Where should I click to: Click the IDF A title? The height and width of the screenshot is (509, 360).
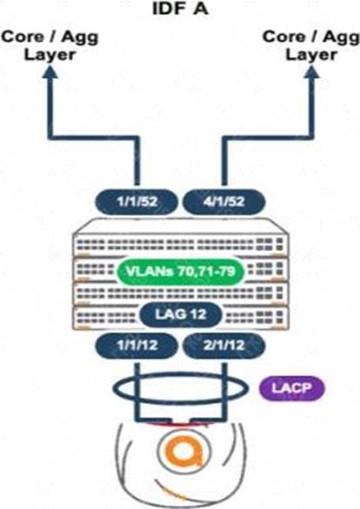pyautogui.click(x=180, y=9)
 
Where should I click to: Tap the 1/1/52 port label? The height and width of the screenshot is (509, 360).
pyautogui.click(x=137, y=202)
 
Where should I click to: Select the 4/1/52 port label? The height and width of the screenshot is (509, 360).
pyautogui.click(x=224, y=202)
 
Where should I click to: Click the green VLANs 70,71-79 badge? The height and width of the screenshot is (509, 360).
pyautogui.click(x=180, y=271)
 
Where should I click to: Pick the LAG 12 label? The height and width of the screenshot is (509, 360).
pyautogui.click(x=181, y=314)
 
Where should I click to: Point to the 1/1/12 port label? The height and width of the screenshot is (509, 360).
pyautogui.click(x=137, y=345)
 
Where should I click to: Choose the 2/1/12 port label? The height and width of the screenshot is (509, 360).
pyautogui.click(x=224, y=345)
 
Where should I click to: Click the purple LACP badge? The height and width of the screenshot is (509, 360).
pyautogui.click(x=291, y=388)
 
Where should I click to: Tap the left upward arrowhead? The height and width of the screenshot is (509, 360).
pyautogui.click(x=49, y=71)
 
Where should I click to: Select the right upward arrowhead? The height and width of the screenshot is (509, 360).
pyautogui.click(x=310, y=71)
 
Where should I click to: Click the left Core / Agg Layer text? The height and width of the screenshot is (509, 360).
pyautogui.click(x=50, y=45)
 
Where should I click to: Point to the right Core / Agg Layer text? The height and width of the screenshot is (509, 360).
pyautogui.click(x=310, y=45)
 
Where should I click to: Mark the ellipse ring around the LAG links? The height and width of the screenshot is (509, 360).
pyautogui.click(x=180, y=374)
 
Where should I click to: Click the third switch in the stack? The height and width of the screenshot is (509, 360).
pyautogui.click(x=180, y=293)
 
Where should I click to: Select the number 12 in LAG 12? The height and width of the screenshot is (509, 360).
pyautogui.click(x=197, y=314)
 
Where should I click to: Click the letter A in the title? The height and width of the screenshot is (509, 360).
pyautogui.click(x=200, y=9)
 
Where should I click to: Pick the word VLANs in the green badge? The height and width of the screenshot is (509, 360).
pyautogui.click(x=150, y=271)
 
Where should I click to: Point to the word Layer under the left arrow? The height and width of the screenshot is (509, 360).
pyautogui.click(x=50, y=55)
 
